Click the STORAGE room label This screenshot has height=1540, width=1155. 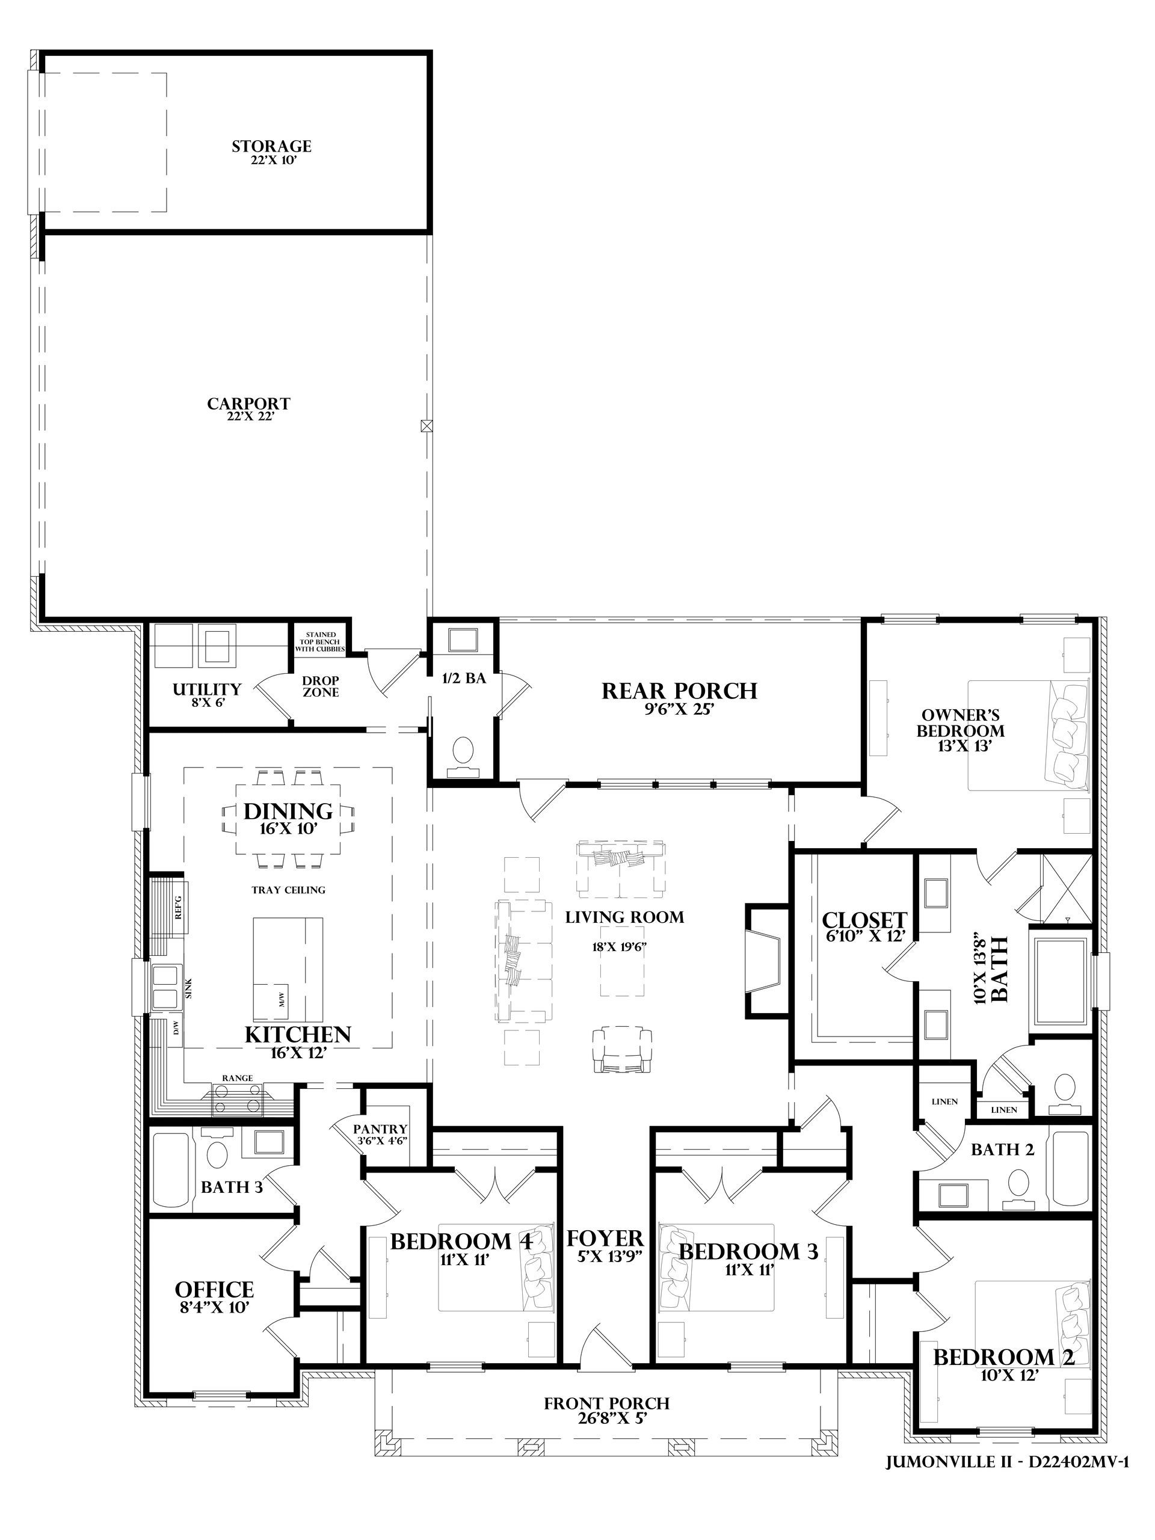point(271,146)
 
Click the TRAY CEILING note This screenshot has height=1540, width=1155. point(288,890)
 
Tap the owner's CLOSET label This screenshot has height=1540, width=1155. point(864,920)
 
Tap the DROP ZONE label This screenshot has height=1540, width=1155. point(321,686)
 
